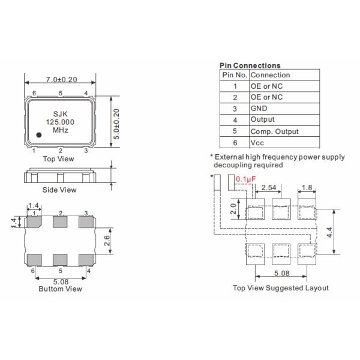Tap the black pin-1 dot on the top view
click(x=38, y=136)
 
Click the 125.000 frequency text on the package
click(x=60, y=121)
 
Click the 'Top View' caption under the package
click(x=59, y=159)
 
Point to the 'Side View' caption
click(x=60, y=190)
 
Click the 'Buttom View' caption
click(x=60, y=289)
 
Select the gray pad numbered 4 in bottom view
click(x=87, y=259)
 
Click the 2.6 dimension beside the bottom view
click(x=106, y=241)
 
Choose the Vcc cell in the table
click(x=257, y=143)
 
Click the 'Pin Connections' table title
click(x=250, y=65)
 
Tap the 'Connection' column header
click(x=270, y=75)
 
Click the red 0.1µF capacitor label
click(x=245, y=179)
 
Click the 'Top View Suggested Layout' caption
click(x=280, y=288)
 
